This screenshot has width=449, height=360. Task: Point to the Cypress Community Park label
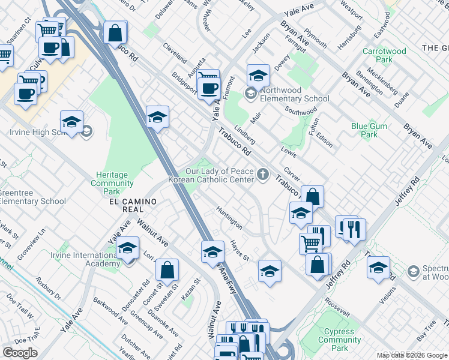340,340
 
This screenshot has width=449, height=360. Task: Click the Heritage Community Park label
112,183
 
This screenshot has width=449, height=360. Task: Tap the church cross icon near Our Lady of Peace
262,175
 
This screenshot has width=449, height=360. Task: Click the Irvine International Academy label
85,260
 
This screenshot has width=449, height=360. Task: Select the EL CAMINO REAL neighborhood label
126,205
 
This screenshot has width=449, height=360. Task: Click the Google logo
20,353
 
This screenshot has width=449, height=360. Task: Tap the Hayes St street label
240,250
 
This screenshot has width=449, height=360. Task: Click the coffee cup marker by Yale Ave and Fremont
209,88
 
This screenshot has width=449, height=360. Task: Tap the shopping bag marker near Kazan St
167,271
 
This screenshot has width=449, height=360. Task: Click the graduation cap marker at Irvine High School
71,122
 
